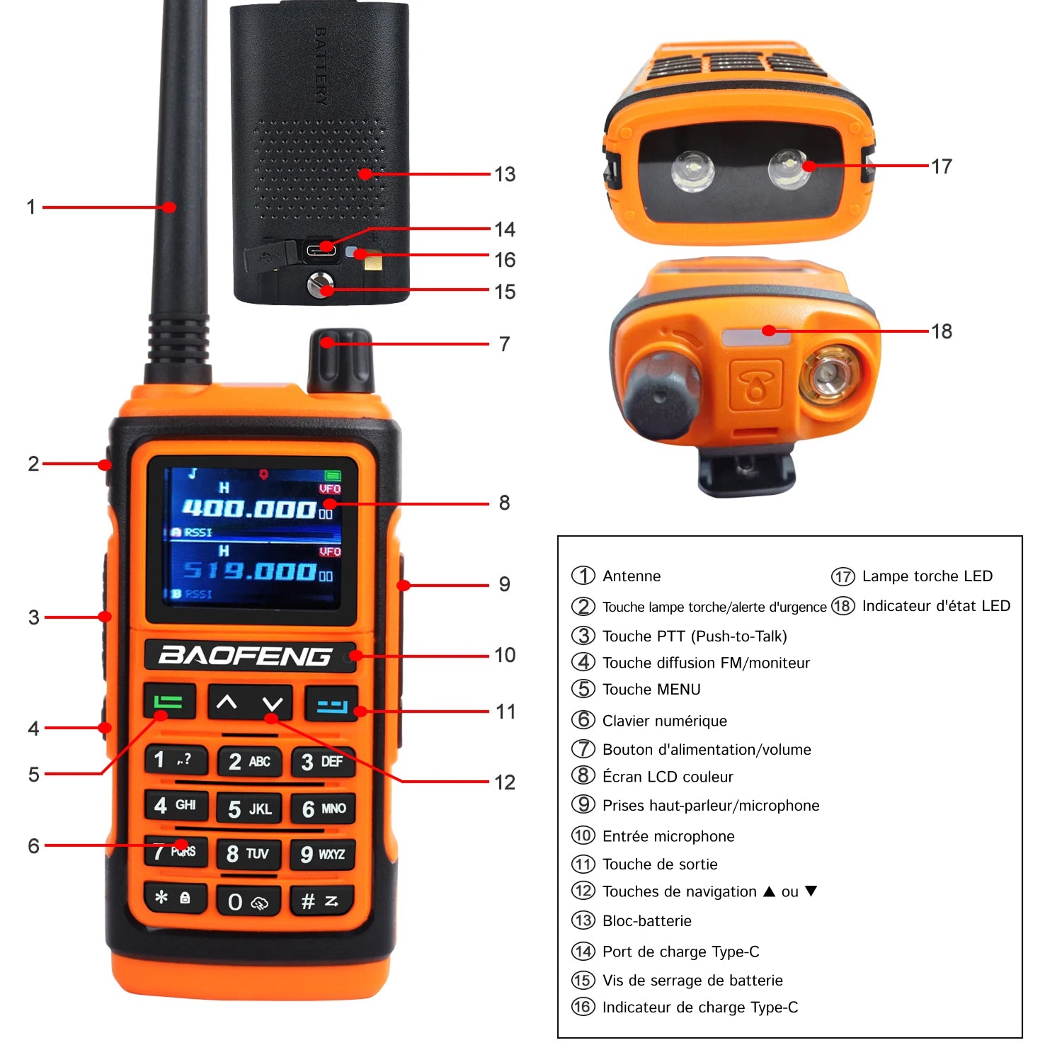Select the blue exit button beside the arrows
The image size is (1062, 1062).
pyautogui.click(x=331, y=704)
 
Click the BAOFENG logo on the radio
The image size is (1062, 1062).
pyautogui.click(x=245, y=656)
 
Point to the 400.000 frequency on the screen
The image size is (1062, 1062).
pyautogui.click(x=249, y=508)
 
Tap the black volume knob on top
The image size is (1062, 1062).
pyautogui.click(x=341, y=360)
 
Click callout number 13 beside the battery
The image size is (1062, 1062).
pyautogui.click(x=505, y=174)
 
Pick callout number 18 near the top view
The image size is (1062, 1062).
pyautogui.click(x=942, y=331)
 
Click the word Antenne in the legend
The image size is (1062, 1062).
pyautogui.click(x=632, y=576)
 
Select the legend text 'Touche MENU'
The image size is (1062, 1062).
pyautogui.click(x=651, y=690)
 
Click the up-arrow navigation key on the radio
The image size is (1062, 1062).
pyautogui.click(x=227, y=702)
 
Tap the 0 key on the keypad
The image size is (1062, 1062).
pyautogui.click(x=249, y=901)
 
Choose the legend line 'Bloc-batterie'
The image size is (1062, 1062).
pyautogui.click(x=647, y=921)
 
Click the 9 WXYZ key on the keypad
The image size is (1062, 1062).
pyautogui.click(x=322, y=855)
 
